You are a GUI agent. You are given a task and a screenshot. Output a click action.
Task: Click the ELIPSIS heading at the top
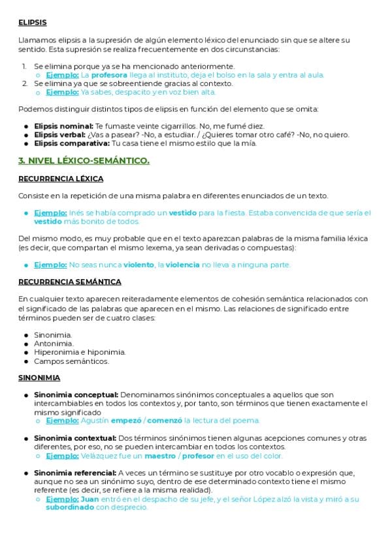point(33,22)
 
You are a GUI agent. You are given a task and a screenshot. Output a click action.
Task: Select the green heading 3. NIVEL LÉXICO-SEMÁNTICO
point(84,160)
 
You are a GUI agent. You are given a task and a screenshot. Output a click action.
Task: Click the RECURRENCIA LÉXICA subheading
point(61,179)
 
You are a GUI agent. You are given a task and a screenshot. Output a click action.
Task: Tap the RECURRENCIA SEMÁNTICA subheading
point(70,282)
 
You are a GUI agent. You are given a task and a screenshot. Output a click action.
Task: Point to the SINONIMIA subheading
point(39,378)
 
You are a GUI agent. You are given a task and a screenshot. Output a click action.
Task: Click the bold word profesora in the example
point(109,75)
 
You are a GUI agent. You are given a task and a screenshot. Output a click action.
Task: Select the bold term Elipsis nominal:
point(63,126)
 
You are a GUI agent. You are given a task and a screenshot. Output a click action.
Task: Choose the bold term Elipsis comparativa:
point(71,143)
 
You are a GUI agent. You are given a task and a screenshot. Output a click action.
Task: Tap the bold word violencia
point(182,265)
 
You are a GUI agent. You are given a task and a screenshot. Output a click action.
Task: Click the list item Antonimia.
point(54,343)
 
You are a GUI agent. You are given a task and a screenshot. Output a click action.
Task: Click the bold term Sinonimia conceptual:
point(76,395)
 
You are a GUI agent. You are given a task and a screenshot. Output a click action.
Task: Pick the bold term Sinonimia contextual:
point(75,438)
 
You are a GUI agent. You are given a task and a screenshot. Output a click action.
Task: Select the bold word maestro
point(161,456)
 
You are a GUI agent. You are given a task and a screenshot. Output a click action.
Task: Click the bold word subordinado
point(69,507)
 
